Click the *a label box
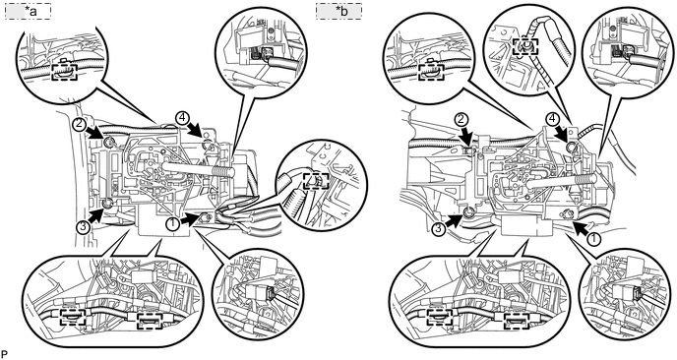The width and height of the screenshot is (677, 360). (29, 11)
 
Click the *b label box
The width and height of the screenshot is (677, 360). (338, 11)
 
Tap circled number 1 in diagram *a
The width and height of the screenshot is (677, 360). (173, 222)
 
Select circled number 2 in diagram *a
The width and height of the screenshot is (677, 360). (79, 125)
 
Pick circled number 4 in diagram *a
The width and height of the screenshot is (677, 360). (181, 117)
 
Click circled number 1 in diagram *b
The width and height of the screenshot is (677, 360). (594, 238)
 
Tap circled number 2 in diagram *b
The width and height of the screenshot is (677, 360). (462, 118)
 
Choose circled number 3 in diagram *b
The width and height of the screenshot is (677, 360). (439, 229)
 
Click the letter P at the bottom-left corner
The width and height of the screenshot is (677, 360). (4, 354)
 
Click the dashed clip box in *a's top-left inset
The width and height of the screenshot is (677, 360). (64, 72)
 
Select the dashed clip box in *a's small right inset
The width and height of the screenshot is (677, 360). (316, 181)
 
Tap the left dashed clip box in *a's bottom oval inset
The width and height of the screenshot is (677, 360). (73, 319)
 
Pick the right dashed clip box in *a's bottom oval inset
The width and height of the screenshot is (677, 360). (150, 321)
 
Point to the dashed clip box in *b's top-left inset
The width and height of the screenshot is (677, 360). (431, 72)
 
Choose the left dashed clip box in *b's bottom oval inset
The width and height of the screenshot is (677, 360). (440, 319)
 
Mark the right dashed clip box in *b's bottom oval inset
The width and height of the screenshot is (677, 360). (517, 321)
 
